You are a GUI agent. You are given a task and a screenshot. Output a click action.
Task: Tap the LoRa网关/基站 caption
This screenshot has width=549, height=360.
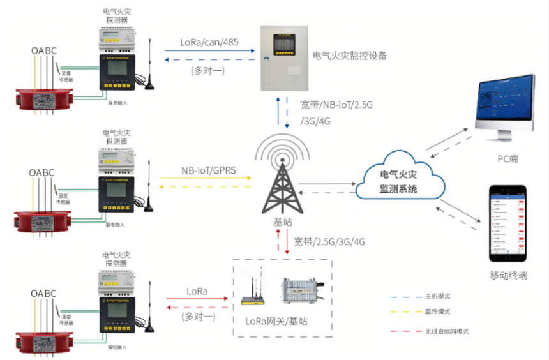(276, 320)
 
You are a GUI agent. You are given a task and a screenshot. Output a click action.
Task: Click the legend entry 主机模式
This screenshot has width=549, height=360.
(438, 297)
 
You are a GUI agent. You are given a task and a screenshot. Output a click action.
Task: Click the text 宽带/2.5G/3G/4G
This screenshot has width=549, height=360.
(329, 242)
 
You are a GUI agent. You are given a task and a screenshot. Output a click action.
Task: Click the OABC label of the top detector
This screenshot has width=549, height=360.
(43, 50)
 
